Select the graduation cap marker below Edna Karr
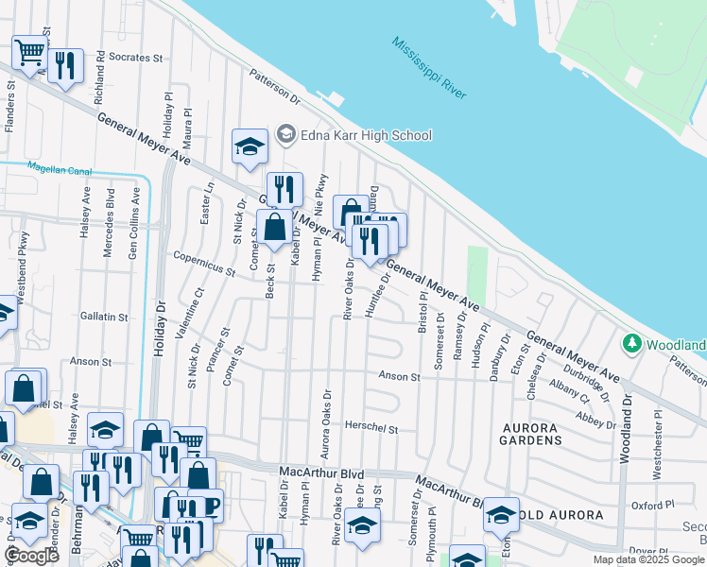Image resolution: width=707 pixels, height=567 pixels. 250,146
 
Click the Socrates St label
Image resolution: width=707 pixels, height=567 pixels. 136,57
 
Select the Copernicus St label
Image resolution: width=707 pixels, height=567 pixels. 203,264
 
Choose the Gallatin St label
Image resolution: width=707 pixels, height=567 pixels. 104,317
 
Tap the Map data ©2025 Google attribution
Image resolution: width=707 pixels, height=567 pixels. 648,559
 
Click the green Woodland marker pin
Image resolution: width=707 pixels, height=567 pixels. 631,343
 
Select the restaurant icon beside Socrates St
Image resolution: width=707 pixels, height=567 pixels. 64,65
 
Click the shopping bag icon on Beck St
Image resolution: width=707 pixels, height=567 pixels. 274,227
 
